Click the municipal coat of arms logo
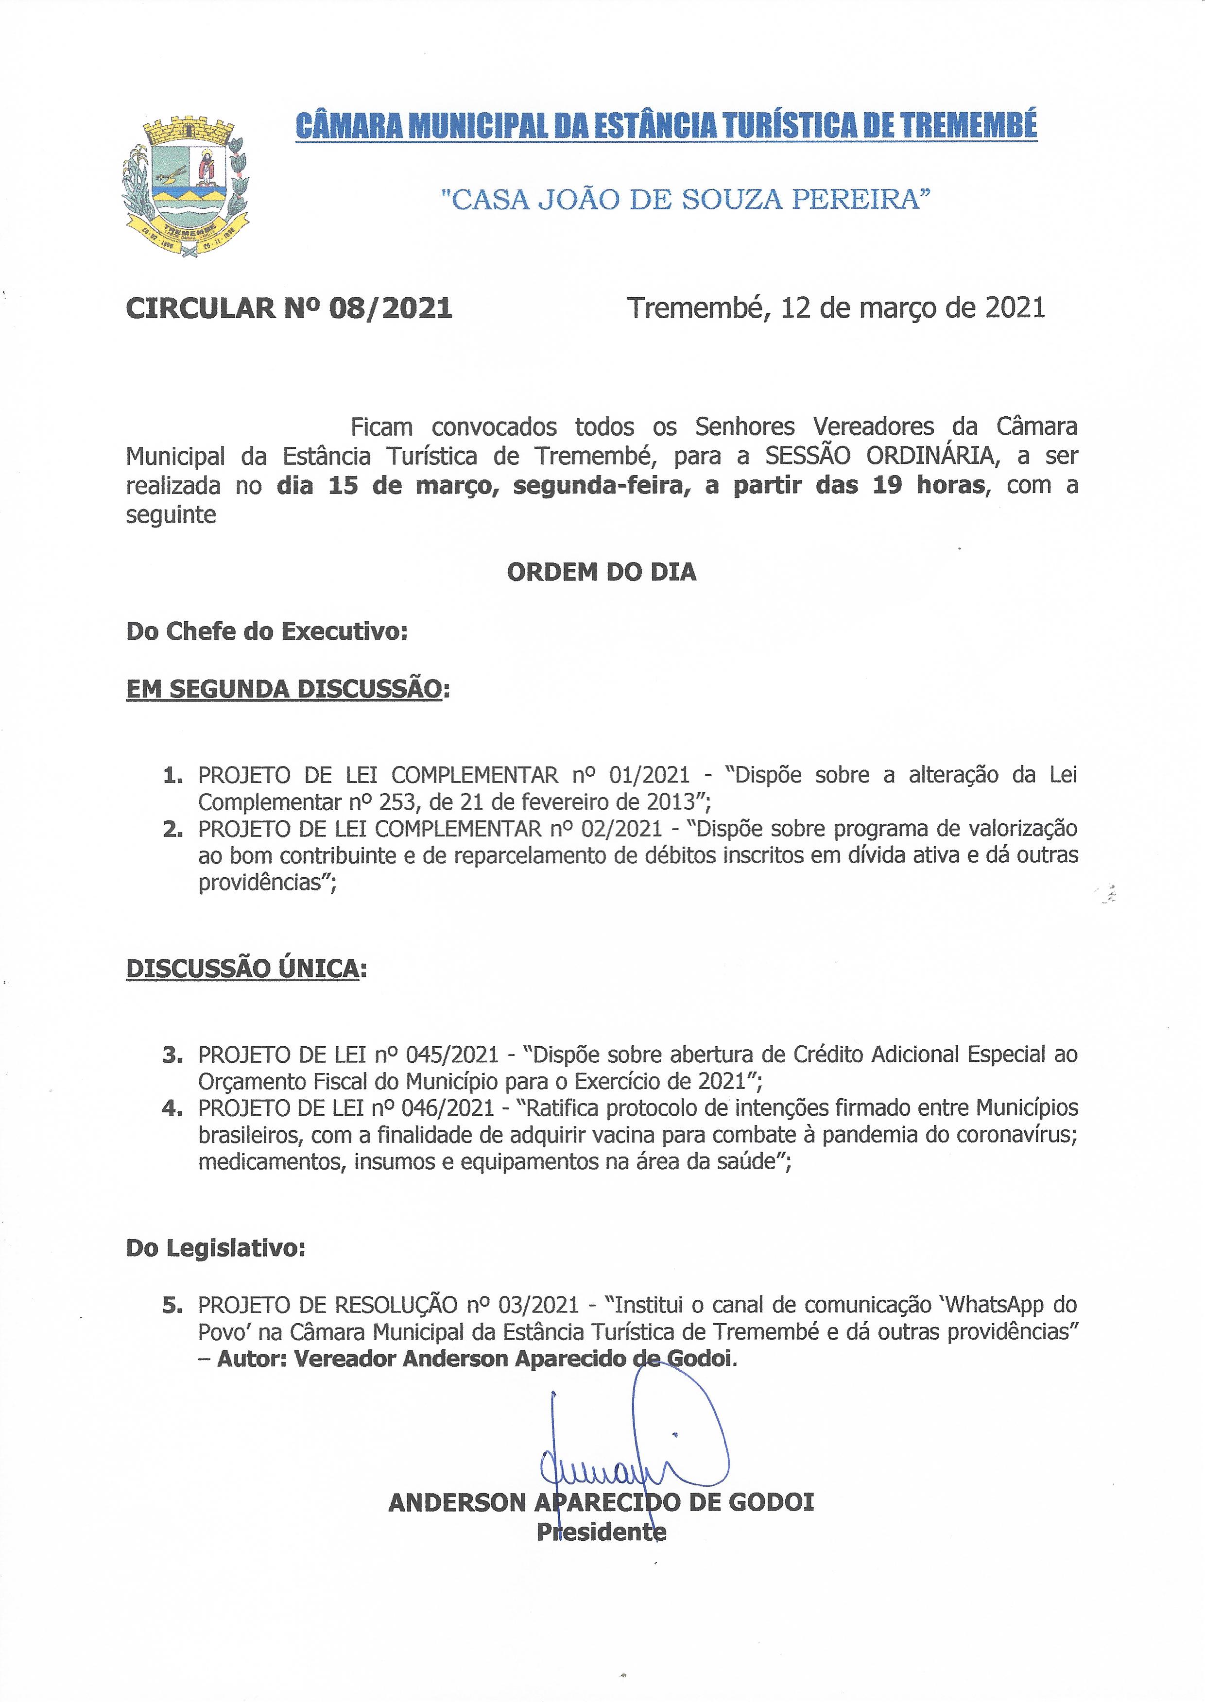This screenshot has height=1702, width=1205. tap(186, 186)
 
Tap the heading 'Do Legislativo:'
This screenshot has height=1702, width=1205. tap(216, 1248)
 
